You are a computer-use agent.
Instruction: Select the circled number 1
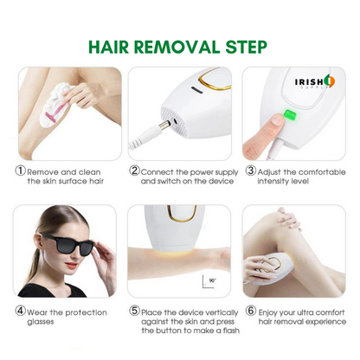coord(20,170)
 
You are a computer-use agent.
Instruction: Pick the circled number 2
coord(134,170)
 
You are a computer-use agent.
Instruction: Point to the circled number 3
coord(250,170)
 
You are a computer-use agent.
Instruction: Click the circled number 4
coord(20,310)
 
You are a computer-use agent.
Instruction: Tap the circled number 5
coord(134,310)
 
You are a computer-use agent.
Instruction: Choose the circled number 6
coord(250,310)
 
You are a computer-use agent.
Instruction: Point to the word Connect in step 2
coord(160,170)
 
